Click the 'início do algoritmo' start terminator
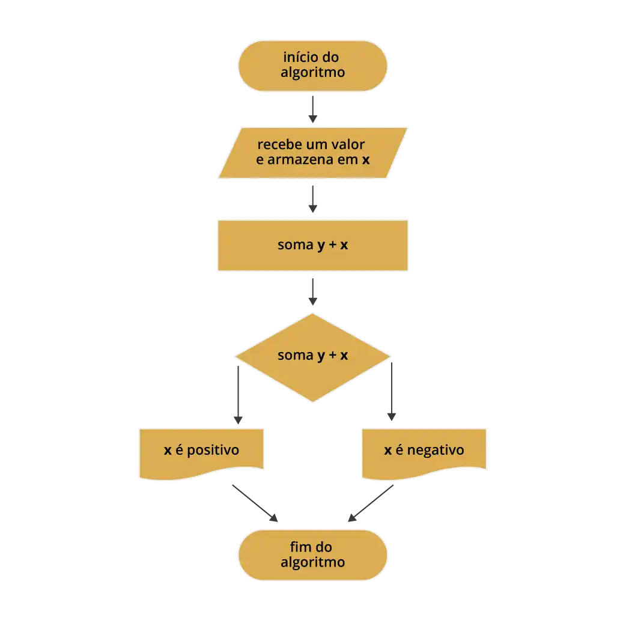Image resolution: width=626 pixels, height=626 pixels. click(x=312, y=65)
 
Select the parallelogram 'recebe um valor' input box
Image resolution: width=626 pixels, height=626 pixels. click(x=312, y=153)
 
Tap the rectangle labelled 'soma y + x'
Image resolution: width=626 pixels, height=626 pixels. click(x=312, y=245)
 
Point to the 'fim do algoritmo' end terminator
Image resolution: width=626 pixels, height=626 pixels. click(x=312, y=555)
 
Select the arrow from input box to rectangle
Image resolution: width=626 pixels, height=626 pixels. click(x=312, y=199)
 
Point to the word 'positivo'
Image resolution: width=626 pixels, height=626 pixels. click(x=213, y=450)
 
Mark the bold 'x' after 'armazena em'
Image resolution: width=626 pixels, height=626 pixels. click(x=365, y=160)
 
